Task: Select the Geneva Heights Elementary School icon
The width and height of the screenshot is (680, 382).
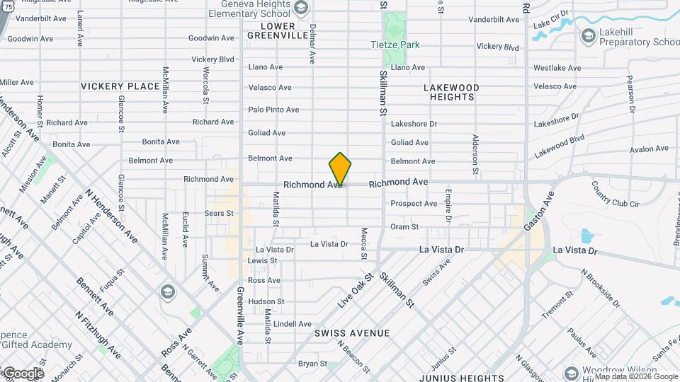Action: pos(300,8)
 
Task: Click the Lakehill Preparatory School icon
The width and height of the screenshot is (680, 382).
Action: pos(587,35)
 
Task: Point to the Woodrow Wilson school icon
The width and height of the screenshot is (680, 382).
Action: pos(572,373)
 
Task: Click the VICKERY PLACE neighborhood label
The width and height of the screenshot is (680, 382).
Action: pos(120,86)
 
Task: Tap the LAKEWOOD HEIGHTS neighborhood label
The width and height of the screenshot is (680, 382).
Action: pos(451,92)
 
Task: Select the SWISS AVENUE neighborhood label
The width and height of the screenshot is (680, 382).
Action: pos(352,332)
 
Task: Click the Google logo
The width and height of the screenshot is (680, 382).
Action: pos(23,373)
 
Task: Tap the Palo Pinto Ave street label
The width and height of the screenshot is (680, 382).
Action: pos(273,110)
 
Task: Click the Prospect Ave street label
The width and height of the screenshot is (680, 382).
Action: pos(414,204)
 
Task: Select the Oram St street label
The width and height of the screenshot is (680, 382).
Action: pos(404,227)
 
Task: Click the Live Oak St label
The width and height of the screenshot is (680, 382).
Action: pos(356,290)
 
